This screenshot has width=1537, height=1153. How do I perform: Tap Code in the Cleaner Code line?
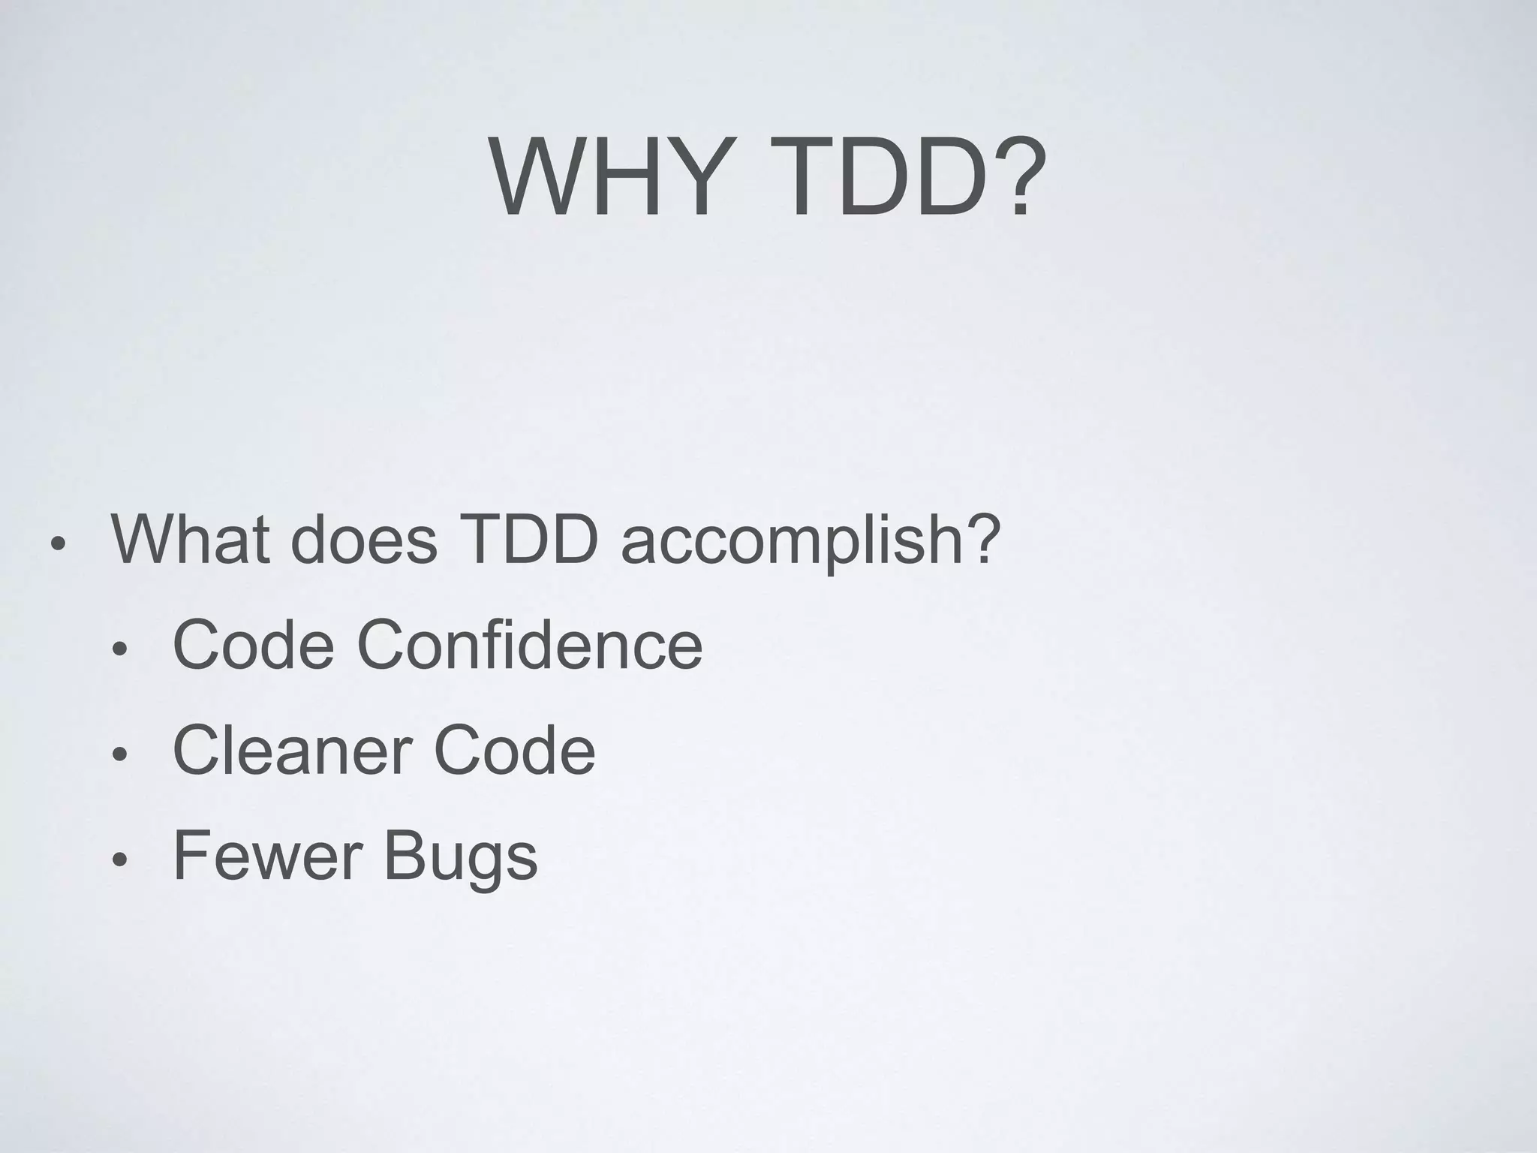pos(514,750)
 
